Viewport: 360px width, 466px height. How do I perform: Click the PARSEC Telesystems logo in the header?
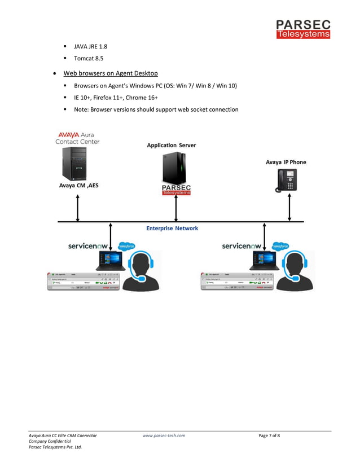click(x=303, y=29)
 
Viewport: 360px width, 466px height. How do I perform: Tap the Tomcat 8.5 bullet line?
click(x=89, y=58)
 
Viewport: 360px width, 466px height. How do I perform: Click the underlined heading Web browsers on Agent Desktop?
click(x=111, y=73)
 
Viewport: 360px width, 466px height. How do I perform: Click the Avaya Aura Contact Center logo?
click(x=77, y=138)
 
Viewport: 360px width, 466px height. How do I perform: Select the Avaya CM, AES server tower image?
click(x=75, y=164)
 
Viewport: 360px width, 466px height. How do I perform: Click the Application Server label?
click(x=172, y=146)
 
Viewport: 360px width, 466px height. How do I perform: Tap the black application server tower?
click(x=174, y=168)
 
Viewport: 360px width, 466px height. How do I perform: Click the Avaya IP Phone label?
click(x=286, y=162)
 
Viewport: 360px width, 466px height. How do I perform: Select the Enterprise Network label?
click(x=172, y=228)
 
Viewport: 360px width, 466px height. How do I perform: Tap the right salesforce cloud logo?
click(x=280, y=246)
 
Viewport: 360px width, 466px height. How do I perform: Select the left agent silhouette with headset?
click(x=141, y=271)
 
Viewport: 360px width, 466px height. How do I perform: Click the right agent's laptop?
click(x=264, y=261)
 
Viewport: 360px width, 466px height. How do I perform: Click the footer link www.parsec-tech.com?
click(x=164, y=436)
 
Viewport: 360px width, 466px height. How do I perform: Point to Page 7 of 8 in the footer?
click(x=269, y=436)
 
